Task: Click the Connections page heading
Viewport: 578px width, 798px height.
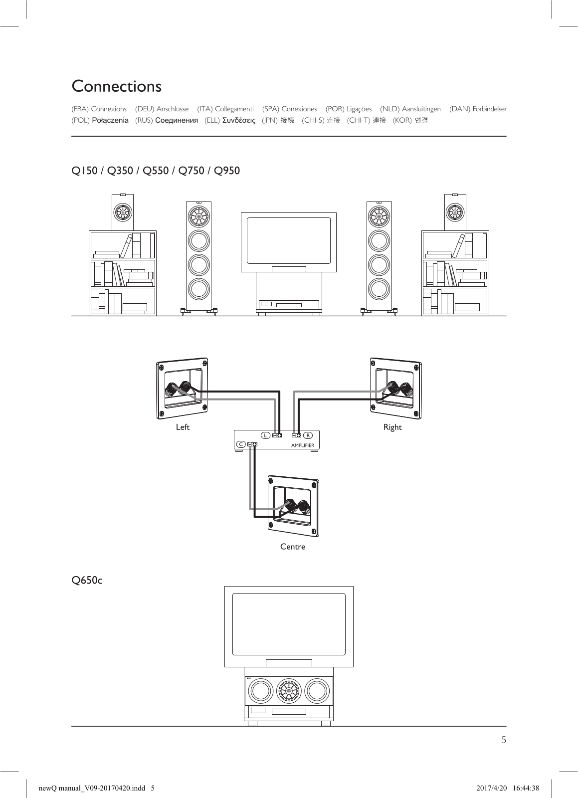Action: pyautogui.click(x=117, y=86)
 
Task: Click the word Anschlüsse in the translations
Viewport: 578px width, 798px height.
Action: pyautogui.click(x=173, y=109)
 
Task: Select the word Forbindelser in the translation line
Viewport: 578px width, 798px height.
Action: pyautogui.click(x=490, y=109)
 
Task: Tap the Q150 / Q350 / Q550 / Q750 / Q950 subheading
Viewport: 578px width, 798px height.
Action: pyautogui.click(x=156, y=171)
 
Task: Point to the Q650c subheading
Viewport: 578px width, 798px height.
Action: pyautogui.click(x=87, y=581)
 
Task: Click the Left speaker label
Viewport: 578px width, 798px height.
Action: pyautogui.click(x=183, y=427)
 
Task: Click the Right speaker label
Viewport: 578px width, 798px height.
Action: pyautogui.click(x=392, y=427)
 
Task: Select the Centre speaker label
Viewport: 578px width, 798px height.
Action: pyautogui.click(x=292, y=547)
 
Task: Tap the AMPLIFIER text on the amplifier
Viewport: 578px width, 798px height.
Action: pyautogui.click(x=303, y=445)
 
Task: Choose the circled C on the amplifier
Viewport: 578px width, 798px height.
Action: pyautogui.click(x=240, y=444)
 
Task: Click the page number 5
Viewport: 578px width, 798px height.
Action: pyautogui.click(x=503, y=740)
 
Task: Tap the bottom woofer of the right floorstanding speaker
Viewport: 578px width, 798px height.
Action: pyautogui.click(x=379, y=288)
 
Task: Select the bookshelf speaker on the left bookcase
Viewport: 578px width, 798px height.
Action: pyautogui.click(x=122, y=212)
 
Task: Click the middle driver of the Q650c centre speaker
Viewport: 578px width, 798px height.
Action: pyautogui.click(x=289, y=691)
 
